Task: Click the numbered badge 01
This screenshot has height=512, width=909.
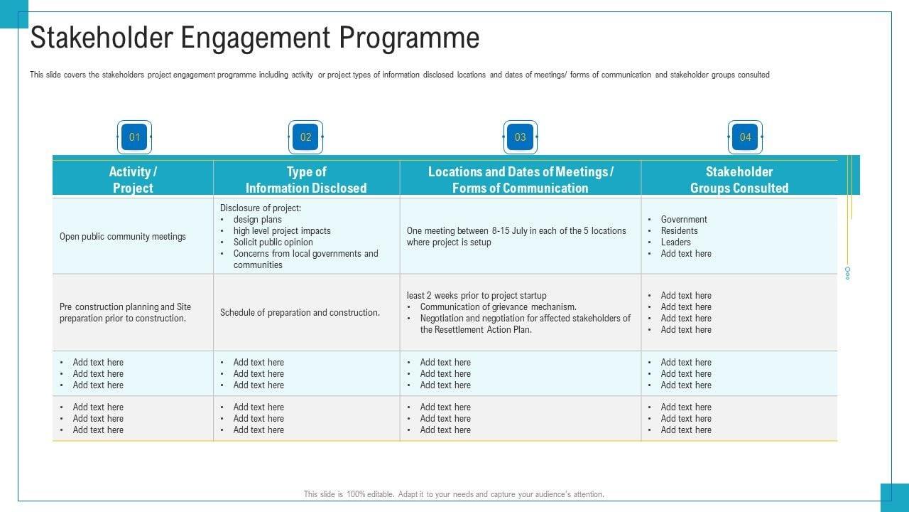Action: tap(134, 137)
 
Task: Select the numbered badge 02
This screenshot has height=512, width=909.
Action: tap(305, 137)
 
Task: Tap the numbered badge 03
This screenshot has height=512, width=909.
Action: tap(521, 137)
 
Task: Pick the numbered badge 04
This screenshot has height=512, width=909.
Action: tap(745, 137)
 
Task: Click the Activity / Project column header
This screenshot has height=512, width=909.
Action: tap(133, 179)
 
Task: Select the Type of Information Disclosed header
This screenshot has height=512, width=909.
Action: tap(306, 179)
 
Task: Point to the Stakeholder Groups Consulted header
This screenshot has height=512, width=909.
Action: tap(739, 179)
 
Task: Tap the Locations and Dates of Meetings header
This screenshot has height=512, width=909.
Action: tap(521, 179)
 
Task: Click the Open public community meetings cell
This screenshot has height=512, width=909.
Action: tap(123, 236)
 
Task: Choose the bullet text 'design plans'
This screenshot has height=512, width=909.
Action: tap(257, 220)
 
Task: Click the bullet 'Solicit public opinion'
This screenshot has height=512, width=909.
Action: tap(273, 242)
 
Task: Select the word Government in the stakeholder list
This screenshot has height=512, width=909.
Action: tap(684, 220)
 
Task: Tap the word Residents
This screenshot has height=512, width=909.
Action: tap(679, 231)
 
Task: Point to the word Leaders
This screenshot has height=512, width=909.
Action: tap(675, 242)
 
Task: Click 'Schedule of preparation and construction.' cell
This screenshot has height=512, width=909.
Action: tap(300, 313)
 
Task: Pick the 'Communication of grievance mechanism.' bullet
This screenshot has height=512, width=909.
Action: tap(498, 307)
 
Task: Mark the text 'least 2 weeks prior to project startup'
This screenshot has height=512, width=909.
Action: tap(477, 296)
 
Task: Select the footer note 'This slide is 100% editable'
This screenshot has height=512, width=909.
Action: tap(454, 494)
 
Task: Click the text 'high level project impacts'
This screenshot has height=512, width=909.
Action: tap(282, 231)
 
